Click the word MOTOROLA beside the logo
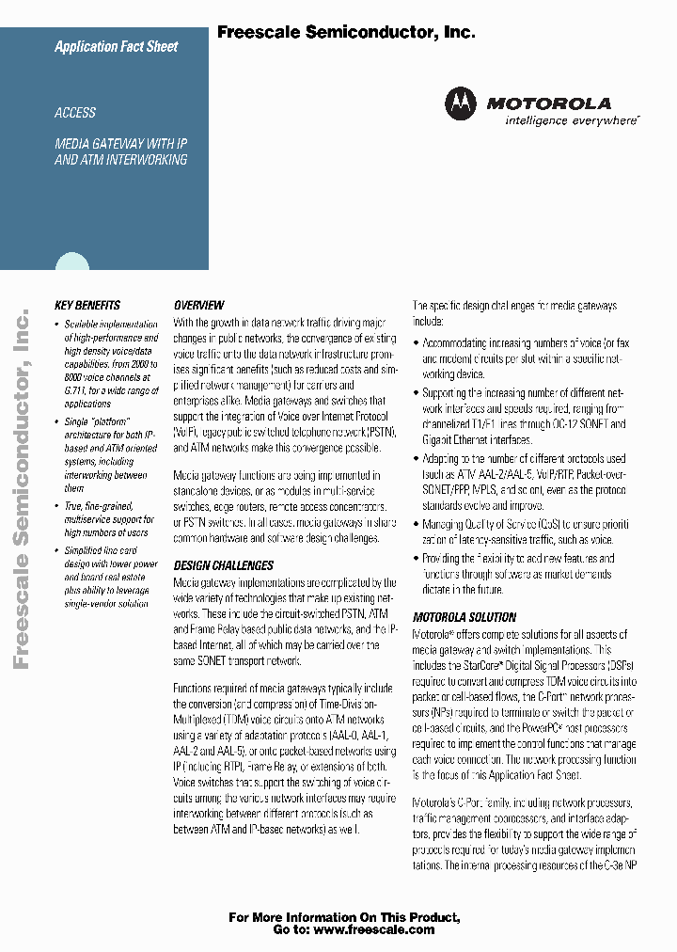[548, 103]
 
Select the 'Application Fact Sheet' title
[116, 46]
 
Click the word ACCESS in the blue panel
[75, 113]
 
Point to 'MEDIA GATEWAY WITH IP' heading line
[120, 144]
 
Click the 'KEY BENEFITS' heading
[87, 305]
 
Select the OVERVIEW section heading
[198, 305]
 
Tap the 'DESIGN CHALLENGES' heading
[224, 565]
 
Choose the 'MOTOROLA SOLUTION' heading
[464, 617]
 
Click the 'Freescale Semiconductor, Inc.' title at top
[346, 32]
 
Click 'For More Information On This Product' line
[344, 916]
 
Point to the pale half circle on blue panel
[71, 262]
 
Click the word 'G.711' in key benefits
[76, 389]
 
